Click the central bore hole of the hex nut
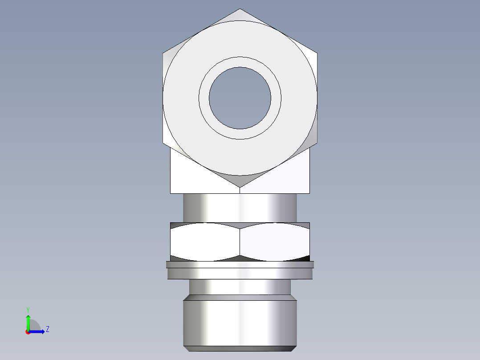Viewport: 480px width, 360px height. [x=240, y=98]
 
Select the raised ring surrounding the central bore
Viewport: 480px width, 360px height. [x=240, y=62]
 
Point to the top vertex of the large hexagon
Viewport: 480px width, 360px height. [x=240, y=9]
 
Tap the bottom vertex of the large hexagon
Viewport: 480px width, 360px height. [x=240, y=187]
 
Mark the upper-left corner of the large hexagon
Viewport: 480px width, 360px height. [x=163, y=53]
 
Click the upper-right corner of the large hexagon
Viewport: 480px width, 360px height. [x=317, y=53]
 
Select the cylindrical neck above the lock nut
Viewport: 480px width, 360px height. [x=240, y=207]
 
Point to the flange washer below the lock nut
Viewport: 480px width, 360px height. [x=240, y=270]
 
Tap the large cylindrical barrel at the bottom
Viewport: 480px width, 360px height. [x=240, y=323]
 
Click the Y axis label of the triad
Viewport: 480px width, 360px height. [x=28, y=309]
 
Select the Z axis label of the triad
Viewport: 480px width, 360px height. [x=47, y=329]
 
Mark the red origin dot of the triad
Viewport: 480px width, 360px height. [x=28, y=332]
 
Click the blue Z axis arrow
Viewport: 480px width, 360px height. [x=39, y=331]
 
